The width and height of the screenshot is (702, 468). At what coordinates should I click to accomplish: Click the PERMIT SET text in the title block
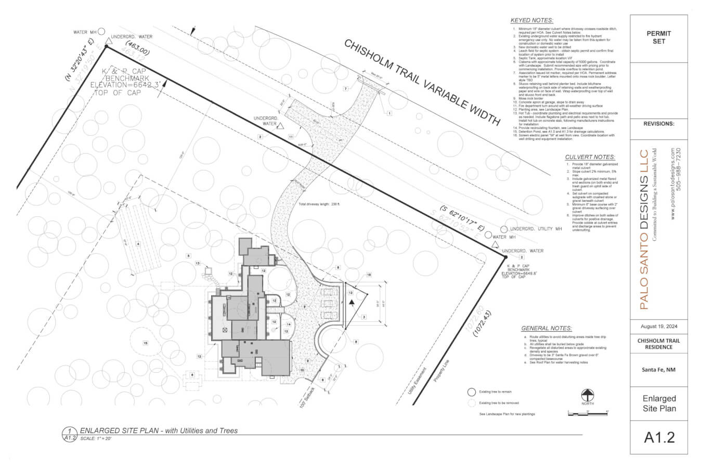point(658,37)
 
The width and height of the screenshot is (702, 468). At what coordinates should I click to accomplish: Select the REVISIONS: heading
point(658,124)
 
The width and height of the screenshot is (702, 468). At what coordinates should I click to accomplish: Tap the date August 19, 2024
point(658,327)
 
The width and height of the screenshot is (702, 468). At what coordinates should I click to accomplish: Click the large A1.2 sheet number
point(659,437)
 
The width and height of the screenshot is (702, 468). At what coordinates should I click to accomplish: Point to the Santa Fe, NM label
point(658,370)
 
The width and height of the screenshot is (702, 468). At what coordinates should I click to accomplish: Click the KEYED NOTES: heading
point(531,20)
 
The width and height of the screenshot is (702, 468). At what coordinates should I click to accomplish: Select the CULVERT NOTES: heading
point(590,157)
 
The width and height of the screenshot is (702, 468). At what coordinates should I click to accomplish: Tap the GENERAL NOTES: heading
point(546,328)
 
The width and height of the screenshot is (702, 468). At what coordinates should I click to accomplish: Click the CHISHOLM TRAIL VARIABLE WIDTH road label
point(422,83)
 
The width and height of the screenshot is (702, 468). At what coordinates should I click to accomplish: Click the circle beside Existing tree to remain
point(471,393)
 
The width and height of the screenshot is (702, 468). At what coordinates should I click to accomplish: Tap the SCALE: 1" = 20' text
point(96,439)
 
